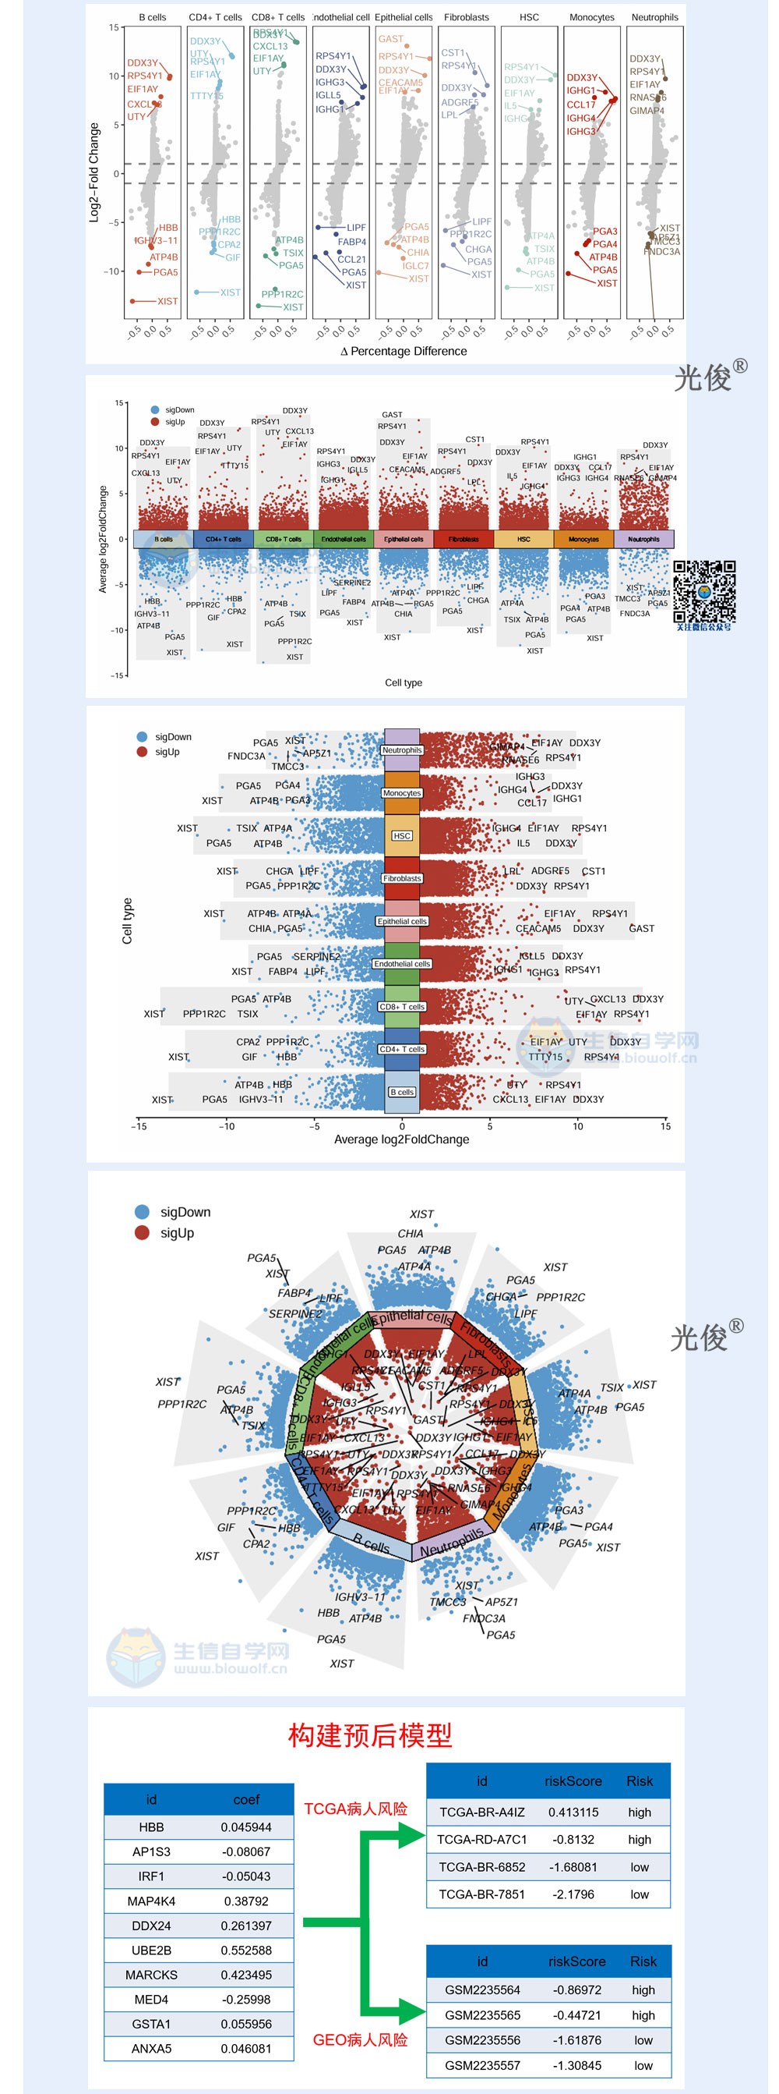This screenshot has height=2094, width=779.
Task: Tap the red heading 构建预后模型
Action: pos(369,1734)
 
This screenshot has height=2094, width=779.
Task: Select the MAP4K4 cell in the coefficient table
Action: pos(151,1901)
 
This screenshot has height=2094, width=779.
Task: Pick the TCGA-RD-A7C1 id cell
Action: pos(481,1839)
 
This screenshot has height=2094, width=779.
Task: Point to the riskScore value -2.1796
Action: pos(573,1894)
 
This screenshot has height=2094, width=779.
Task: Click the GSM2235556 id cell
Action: pos(481,2039)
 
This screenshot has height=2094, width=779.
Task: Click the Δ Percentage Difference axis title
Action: pos(404,351)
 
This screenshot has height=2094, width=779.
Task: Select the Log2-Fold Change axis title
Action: pos(93,172)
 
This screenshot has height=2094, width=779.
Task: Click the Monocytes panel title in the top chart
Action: pos(591,17)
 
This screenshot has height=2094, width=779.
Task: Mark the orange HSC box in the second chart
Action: pos(524,539)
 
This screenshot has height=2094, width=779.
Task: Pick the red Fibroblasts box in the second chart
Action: pos(463,539)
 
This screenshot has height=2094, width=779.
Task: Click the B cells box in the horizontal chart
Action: pos(402,1092)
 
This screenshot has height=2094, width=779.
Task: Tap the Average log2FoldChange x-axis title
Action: pos(401,1139)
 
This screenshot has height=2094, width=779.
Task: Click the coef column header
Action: pos(245,1799)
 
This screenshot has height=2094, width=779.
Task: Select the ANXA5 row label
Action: pos(151,2048)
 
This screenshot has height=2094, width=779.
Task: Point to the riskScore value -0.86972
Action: pos(576,1989)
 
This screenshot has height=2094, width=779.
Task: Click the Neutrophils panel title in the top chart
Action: pos(654,17)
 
